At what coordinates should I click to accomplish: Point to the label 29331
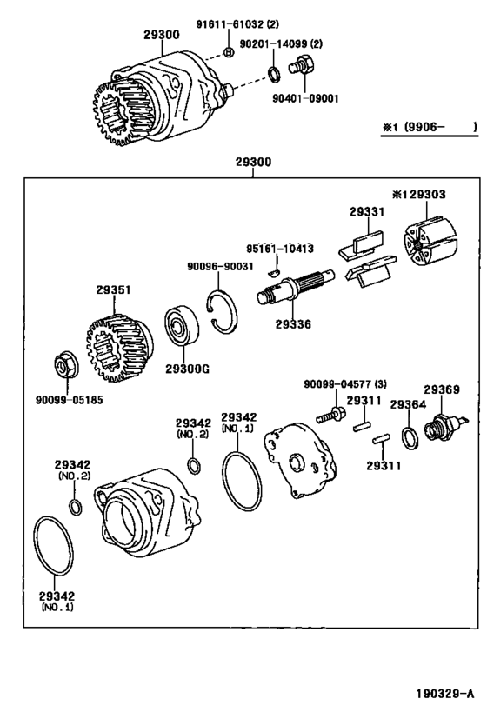[365, 211]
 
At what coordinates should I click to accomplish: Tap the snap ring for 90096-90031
[226, 315]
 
